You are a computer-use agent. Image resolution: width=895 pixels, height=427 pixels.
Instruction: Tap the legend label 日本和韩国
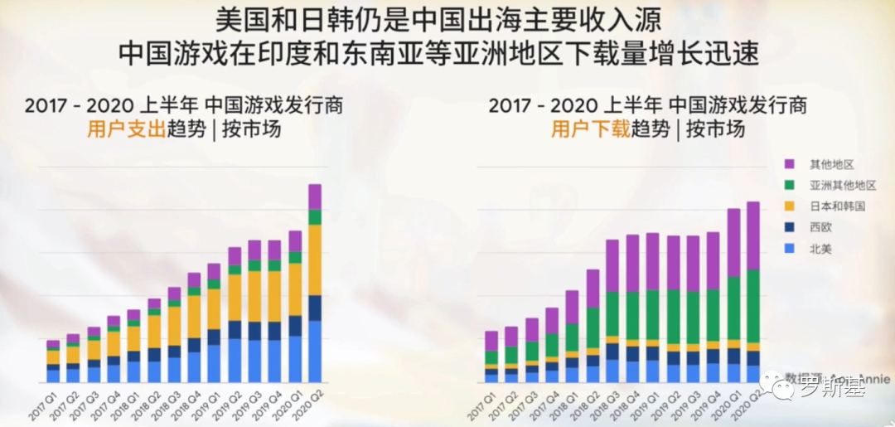click(x=837, y=206)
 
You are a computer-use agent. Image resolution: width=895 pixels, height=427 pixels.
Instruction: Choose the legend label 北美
click(x=820, y=247)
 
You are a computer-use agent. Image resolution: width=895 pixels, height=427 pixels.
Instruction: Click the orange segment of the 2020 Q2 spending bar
click(x=315, y=260)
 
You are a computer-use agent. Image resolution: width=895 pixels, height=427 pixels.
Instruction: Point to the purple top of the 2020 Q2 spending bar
click(x=315, y=197)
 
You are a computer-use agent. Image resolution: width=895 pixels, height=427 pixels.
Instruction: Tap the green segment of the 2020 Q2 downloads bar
click(x=752, y=306)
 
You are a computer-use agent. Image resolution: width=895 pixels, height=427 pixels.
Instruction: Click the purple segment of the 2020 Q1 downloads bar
click(x=733, y=242)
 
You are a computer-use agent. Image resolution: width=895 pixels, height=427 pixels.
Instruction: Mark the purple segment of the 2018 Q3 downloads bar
click(x=612, y=265)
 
